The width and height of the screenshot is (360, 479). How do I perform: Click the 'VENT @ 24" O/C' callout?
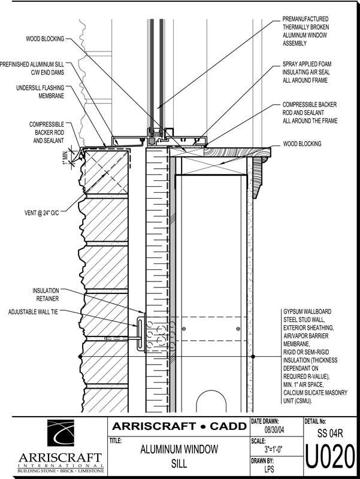pyautogui.click(x=41, y=213)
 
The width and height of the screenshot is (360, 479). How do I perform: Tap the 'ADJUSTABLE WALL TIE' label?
pyautogui.click(x=33, y=312)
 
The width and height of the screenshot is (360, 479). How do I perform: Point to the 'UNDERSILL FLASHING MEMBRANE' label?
pyautogui.click(x=40, y=92)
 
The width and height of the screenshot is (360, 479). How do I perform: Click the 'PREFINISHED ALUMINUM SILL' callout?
pyautogui.click(x=32, y=68)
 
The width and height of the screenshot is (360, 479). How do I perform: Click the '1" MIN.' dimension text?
pyautogui.click(x=65, y=157)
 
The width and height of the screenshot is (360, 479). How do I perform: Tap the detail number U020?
pyautogui.click(x=331, y=457)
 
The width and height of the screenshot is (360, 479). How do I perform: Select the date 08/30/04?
pyautogui.click(x=274, y=430)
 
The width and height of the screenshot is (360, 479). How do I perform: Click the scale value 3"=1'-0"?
pyautogui.click(x=274, y=450)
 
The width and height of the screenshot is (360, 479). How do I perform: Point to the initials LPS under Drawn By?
pyautogui.click(x=269, y=469)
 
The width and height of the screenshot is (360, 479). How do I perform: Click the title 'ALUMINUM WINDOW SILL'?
pyautogui.click(x=179, y=456)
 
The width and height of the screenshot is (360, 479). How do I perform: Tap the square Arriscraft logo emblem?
pyautogui.click(x=60, y=433)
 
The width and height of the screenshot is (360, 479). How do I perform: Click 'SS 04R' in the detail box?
pyautogui.click(x=330, y=433)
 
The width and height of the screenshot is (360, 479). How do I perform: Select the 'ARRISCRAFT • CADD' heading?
pyautogui.click(x=179, y=426)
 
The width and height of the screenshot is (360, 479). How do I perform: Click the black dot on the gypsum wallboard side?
pyautogui.click(x=253, y=356)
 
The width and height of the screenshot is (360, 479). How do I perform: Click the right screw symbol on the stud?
pyautogui.click(x=238, y=329)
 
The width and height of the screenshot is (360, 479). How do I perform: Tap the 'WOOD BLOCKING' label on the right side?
pyautogui.click(x=302, y=144)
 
